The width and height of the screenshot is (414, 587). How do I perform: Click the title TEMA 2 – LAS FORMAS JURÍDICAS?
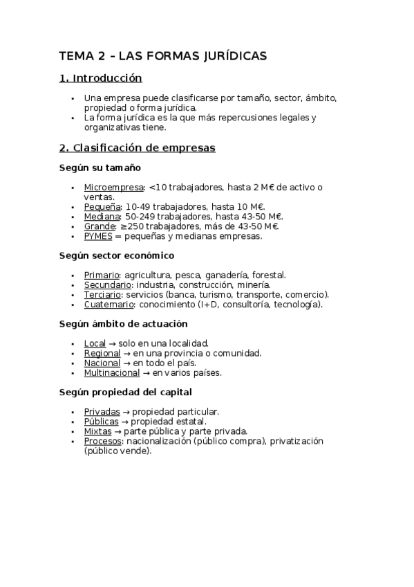tap(163, 55)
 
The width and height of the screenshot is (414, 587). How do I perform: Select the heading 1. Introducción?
tap(101, 78)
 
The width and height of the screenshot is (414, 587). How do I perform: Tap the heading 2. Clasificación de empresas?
tap(138, 147)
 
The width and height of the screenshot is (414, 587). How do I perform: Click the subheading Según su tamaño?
tap(100, 168)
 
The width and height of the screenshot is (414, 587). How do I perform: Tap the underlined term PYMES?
tap(98, 236)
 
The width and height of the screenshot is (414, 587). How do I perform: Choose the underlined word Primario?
tap(102, 275)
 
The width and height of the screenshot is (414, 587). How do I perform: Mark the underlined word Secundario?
tap(108, 285)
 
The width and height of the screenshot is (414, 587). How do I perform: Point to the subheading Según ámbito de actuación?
tap(124, 324)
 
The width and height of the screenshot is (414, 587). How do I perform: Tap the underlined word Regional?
tap(102, 353)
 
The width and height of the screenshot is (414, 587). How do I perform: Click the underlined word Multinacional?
tap(111, 372)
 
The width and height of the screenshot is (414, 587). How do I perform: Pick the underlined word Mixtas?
tap(97, 431)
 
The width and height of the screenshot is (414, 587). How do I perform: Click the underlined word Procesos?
tap(102, 441)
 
